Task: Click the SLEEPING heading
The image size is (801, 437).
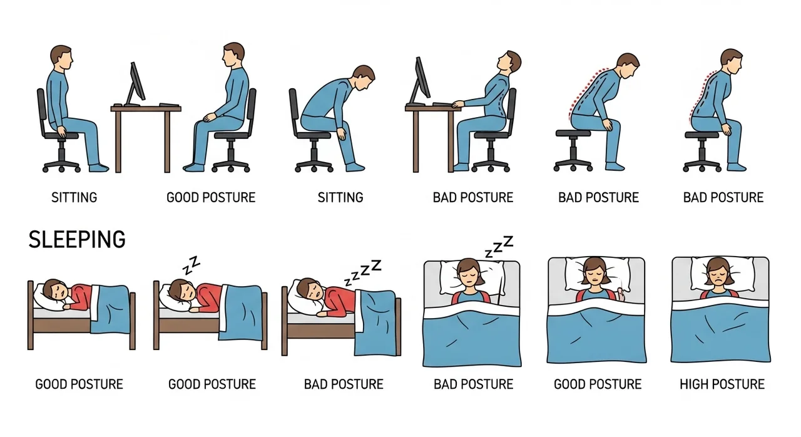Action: pos(77,239)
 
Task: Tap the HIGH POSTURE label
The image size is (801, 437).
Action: pos(722,384)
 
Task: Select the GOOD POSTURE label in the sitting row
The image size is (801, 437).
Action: pos(211,197)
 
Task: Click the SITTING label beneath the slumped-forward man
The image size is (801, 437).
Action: pos(340,197)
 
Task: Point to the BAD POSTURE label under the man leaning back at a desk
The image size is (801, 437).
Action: pos(472,197)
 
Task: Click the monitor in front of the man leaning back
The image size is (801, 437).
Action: pos(421,81)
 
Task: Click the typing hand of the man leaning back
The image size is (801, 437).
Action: pos(457,104)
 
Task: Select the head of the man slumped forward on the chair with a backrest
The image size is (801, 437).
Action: pos(364,78)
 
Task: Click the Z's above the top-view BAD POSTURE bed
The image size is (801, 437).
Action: pos(499,247)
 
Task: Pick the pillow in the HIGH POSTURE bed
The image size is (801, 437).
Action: pos(722,274)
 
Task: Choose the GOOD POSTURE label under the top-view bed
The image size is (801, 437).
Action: pos(598,384)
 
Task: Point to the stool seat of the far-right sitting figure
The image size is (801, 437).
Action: pos(702,135)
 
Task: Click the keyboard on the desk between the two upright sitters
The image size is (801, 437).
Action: pos(169,105)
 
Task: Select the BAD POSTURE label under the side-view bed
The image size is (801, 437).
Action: pos(344,384)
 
